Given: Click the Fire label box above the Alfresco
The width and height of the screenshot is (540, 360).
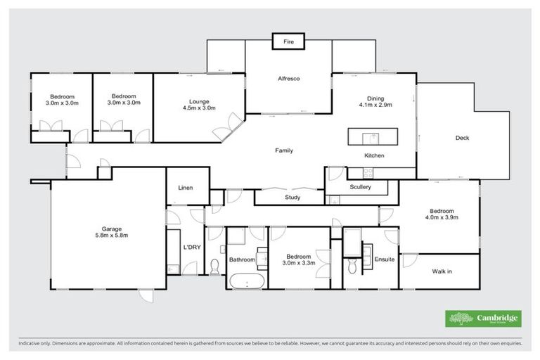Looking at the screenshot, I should tap(288, 42).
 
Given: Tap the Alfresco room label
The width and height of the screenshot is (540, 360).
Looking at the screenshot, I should tap(288, 78).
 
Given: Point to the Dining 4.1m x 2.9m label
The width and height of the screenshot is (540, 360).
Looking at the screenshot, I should tap(375, 101).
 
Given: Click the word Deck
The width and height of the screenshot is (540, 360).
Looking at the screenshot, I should tap(462, 138).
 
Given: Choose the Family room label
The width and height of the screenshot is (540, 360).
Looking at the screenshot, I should tap(284, 150).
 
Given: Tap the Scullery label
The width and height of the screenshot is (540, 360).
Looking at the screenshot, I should tap(360, 187).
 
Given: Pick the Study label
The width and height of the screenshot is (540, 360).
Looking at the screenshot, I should tap(292, 198).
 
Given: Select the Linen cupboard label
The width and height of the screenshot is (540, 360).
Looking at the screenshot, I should tap(185, 188).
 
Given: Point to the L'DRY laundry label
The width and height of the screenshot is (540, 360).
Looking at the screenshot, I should tap(192, 247).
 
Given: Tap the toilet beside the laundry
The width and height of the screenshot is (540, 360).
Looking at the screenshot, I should tap(214, 266).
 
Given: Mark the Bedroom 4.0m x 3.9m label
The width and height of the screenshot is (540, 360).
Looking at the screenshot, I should tap(442, 214).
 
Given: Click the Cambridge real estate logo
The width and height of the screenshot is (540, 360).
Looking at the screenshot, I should tap(483, 319).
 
